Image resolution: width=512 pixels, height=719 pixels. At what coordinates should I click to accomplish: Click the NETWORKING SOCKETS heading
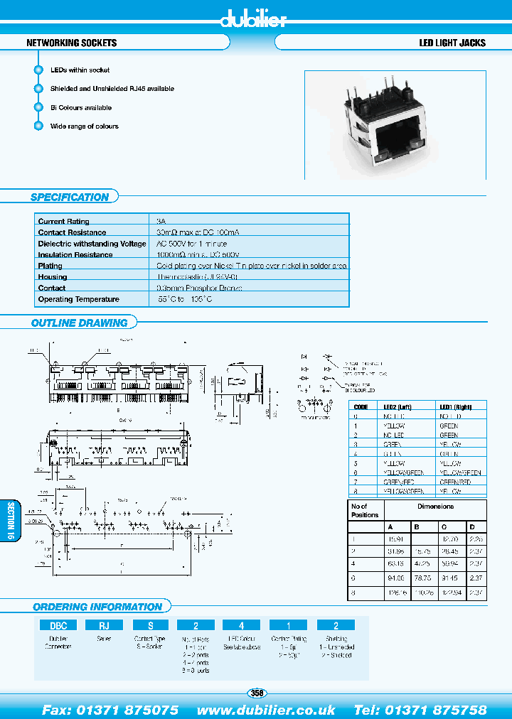(x=71, y=43)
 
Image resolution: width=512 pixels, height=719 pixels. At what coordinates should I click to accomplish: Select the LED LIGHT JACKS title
(x=452, y=43)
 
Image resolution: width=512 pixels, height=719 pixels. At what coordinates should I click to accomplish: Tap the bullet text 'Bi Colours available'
(x=80, y=108)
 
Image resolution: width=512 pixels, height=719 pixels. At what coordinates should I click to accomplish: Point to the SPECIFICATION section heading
(x=70, y=198)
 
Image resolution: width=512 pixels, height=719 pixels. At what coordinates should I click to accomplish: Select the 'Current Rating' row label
(x=64, y=222)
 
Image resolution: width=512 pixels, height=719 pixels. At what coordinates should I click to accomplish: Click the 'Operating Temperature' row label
(x=79, y=299)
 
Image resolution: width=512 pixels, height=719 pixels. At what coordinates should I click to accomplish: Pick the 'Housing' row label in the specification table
(x=53, y=277)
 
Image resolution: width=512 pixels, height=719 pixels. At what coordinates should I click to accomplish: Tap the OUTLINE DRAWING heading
(x=79, y=323)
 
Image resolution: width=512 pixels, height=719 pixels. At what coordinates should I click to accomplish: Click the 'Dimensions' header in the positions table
(x=435, y=507)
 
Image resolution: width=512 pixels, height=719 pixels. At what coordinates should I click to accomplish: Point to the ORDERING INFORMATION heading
(x=97, y=607)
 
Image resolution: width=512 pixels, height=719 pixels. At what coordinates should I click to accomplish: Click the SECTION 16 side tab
(x=11, y=521)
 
